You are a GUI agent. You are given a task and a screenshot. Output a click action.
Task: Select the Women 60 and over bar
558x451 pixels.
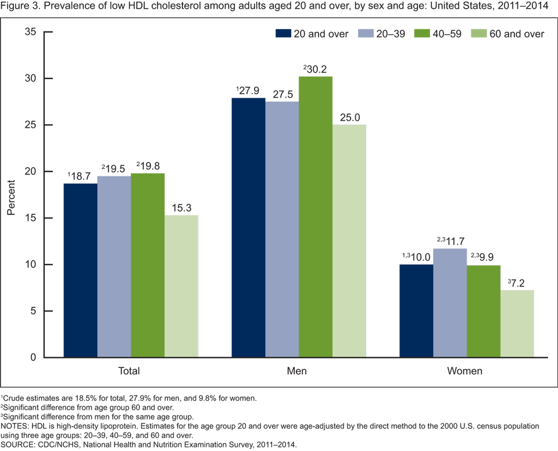coord(517,324)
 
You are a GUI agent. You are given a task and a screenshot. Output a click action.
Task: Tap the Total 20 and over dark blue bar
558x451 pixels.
coord(80,270)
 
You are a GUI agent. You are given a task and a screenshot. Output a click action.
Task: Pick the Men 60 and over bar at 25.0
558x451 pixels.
coord(349,241)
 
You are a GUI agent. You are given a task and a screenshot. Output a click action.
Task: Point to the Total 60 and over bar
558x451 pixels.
coord(181,286)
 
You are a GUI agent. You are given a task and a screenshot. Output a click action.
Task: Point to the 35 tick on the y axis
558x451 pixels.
coord(30,32)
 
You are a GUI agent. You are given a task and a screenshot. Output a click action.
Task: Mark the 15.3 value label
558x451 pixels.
coord(181,206)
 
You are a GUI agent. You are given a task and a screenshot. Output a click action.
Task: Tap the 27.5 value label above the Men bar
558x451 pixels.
coord(282,92)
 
